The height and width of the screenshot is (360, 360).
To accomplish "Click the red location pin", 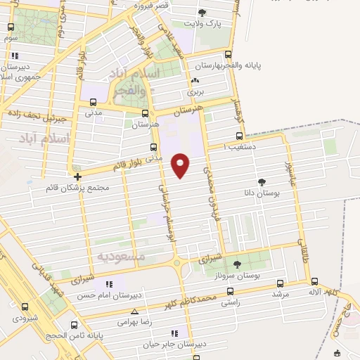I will [181, 165].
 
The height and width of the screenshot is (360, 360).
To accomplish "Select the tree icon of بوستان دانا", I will [262, 181].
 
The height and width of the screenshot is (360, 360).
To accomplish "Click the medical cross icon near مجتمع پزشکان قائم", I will [77, 176].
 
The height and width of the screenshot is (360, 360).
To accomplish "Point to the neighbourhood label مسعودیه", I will [121, 257].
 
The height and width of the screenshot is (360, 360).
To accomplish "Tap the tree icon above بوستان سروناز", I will [236, 264].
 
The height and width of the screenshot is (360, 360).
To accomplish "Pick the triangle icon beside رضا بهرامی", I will [134, 311].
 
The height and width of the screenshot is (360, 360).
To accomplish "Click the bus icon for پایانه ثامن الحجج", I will [75, 325].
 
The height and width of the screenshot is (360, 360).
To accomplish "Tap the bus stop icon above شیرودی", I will [25, 307].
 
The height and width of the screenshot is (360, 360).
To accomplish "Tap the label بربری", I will [194, 91].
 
